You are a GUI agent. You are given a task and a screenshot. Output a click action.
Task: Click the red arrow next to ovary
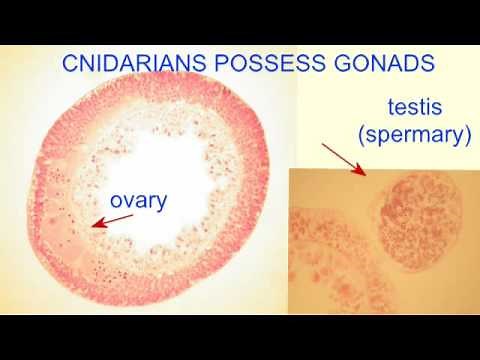113,219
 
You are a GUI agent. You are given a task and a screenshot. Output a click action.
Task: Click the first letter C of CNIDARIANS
70,63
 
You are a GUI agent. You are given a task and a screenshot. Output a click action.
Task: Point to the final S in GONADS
428,63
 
